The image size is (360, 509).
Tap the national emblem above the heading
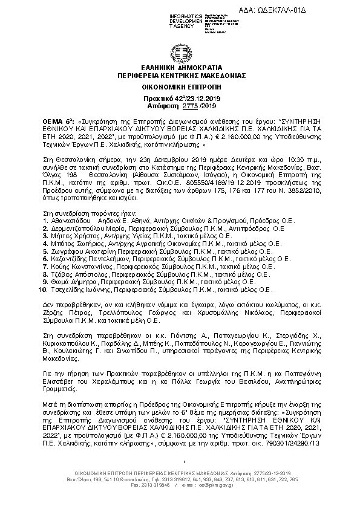pyautogui.click(x=180, y=51)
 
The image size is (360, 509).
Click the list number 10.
pyautogui.click(x=42, y=290)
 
